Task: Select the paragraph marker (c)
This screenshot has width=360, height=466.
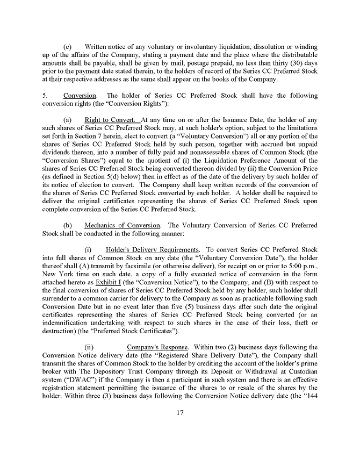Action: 68,47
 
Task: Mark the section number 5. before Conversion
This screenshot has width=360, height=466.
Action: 45,96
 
